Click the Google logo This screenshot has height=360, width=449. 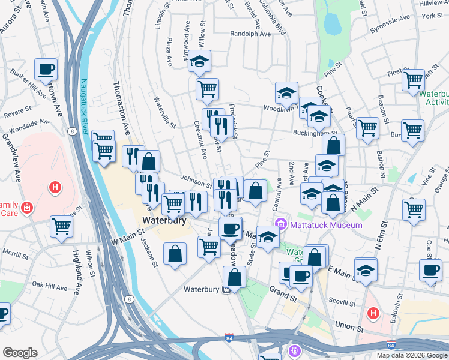pyautogui.click(x=20, y=353)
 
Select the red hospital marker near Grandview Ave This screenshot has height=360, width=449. pyautogui.click(x=55, y=188)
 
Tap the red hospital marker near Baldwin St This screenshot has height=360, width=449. pyautogui.click(x=373, y=313)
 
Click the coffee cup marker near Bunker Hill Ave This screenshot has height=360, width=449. pyautogui.click(x=46, y=69)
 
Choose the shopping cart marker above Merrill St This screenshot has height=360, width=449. pyautogui.click(x=62, y=226)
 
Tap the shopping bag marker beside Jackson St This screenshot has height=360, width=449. pyautogui.click(x=175, y=253)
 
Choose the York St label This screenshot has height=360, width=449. pyautogui.click(x=432, y=16)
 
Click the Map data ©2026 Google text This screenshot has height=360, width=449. pyautogui.click(x=411, y=355)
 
